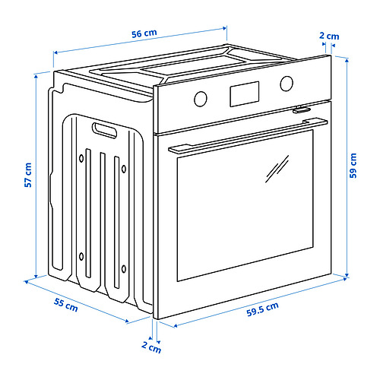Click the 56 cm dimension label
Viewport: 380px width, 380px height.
tap(144, 33)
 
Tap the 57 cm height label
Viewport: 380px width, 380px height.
tap(28, 175)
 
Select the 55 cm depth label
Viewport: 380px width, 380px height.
tap(66, 305)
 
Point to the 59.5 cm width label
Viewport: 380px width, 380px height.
tap(263, 309)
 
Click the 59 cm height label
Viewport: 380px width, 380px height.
tap(353, 166)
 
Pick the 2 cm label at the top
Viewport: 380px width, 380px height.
tap(329, 36)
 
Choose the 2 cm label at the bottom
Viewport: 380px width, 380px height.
tap(151, 347)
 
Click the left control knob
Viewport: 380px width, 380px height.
tap(201, 99)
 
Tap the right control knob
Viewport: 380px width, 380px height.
tap(287, 84)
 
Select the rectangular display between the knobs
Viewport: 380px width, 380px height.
tap(245, 94)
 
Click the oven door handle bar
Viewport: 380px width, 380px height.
tap(248, 136)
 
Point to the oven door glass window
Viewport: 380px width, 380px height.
tap(245, 205)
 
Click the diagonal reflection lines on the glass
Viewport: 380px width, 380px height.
tap(277, 169)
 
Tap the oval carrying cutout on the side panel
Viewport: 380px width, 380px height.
tap(104, 130)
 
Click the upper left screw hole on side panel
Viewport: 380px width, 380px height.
tap(81, 159)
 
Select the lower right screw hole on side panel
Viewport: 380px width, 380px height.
tap(124, 269)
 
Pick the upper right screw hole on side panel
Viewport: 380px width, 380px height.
tap(124, 169)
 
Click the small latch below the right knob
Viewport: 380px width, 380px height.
tap(302, 109)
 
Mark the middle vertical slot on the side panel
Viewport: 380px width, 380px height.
tap(103, 218)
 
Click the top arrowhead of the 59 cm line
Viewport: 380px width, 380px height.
tap(347, 59)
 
